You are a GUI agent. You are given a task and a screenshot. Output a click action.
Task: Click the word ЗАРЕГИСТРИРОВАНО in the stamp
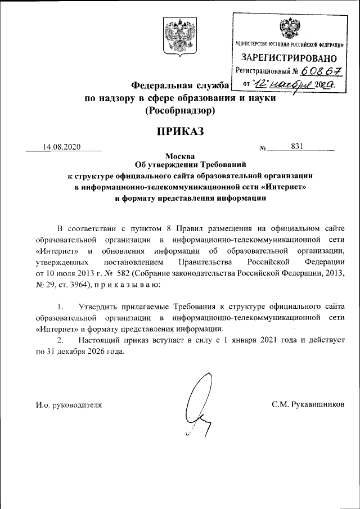(x=289, y=58)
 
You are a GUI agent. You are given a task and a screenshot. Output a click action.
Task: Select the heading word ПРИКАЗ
(x=179, y=132)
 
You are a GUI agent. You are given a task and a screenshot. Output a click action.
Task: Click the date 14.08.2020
(x=62, y=147)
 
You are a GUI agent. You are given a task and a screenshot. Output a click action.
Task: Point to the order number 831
(x=298, y=147)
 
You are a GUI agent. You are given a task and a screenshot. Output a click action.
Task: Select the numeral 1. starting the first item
(x=61, y=307)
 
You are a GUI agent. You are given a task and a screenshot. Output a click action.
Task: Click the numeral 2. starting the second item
(x=61, y=341)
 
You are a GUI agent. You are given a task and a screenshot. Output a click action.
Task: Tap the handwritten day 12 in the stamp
(x=260, y=84)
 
